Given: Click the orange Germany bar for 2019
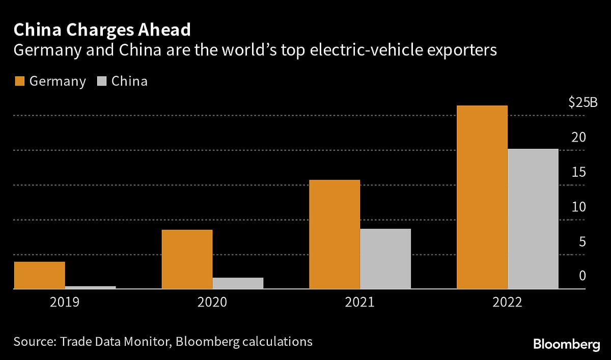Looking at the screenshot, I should (40, 275).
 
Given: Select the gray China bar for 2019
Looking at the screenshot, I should (91, 287).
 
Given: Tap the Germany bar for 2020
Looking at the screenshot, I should (187, 259).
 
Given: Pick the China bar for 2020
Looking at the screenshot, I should (238, 283).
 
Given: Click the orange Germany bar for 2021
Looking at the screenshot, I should (335, 234).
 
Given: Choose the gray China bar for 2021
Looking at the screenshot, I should (385, 259).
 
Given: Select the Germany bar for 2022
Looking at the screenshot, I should (482, 197).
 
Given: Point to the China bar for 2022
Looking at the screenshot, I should (533, 219).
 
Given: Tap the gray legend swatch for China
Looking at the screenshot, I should (101, 81).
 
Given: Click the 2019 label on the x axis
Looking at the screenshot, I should (65, 302).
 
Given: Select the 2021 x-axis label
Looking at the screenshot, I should (359, 302).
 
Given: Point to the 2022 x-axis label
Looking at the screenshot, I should (507, 302).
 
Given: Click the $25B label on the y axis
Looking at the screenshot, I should (583, 102).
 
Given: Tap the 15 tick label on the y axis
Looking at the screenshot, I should (579, 172).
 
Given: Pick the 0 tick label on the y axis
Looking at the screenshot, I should (582, 276).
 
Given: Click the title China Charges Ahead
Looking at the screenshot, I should (102, 30).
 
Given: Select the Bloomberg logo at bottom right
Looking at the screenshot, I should (566, 345).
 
